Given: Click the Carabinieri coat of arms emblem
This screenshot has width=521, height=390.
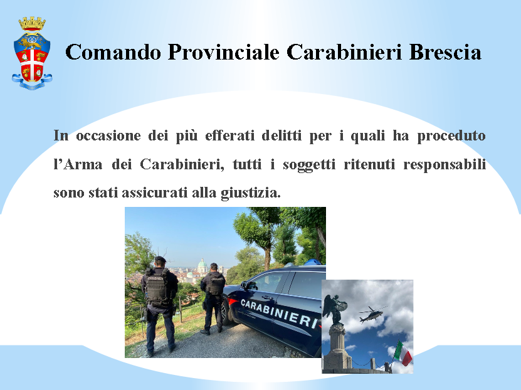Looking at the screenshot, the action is click(x=32, y=53).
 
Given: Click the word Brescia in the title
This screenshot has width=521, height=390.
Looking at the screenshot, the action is click(x=445, y=52).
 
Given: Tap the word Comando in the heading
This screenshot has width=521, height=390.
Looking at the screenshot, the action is click(x=113, y=52).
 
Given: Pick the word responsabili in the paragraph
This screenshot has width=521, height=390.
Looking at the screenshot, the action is click(x=445, y=165).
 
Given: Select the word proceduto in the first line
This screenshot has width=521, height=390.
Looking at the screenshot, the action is click(x=451, y=136).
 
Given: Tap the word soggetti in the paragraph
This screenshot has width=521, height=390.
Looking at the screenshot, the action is click(x=309, y=165).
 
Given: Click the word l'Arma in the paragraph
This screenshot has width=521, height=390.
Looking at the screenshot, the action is click(x=78, y=164).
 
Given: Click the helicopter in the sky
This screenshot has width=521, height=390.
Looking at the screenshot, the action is click(x=372, y=314).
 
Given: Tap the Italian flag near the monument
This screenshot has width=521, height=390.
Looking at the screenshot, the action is click(x=403, y=353).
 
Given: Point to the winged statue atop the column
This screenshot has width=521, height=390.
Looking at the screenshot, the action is click(x=335, y=310).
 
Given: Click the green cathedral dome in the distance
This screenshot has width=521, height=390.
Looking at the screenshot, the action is click(x=202, y=266).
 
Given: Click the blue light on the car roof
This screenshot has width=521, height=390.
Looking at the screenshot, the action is click(x=313, y=262).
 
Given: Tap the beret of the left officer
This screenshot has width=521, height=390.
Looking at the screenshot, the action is click(x=160, y=259).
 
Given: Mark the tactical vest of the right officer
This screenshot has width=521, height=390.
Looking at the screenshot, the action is click(x=215, y=285).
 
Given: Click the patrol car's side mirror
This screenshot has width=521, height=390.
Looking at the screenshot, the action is click(x=245, y=285).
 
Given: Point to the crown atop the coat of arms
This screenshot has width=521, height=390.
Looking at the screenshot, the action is click(x=32, y=23).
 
